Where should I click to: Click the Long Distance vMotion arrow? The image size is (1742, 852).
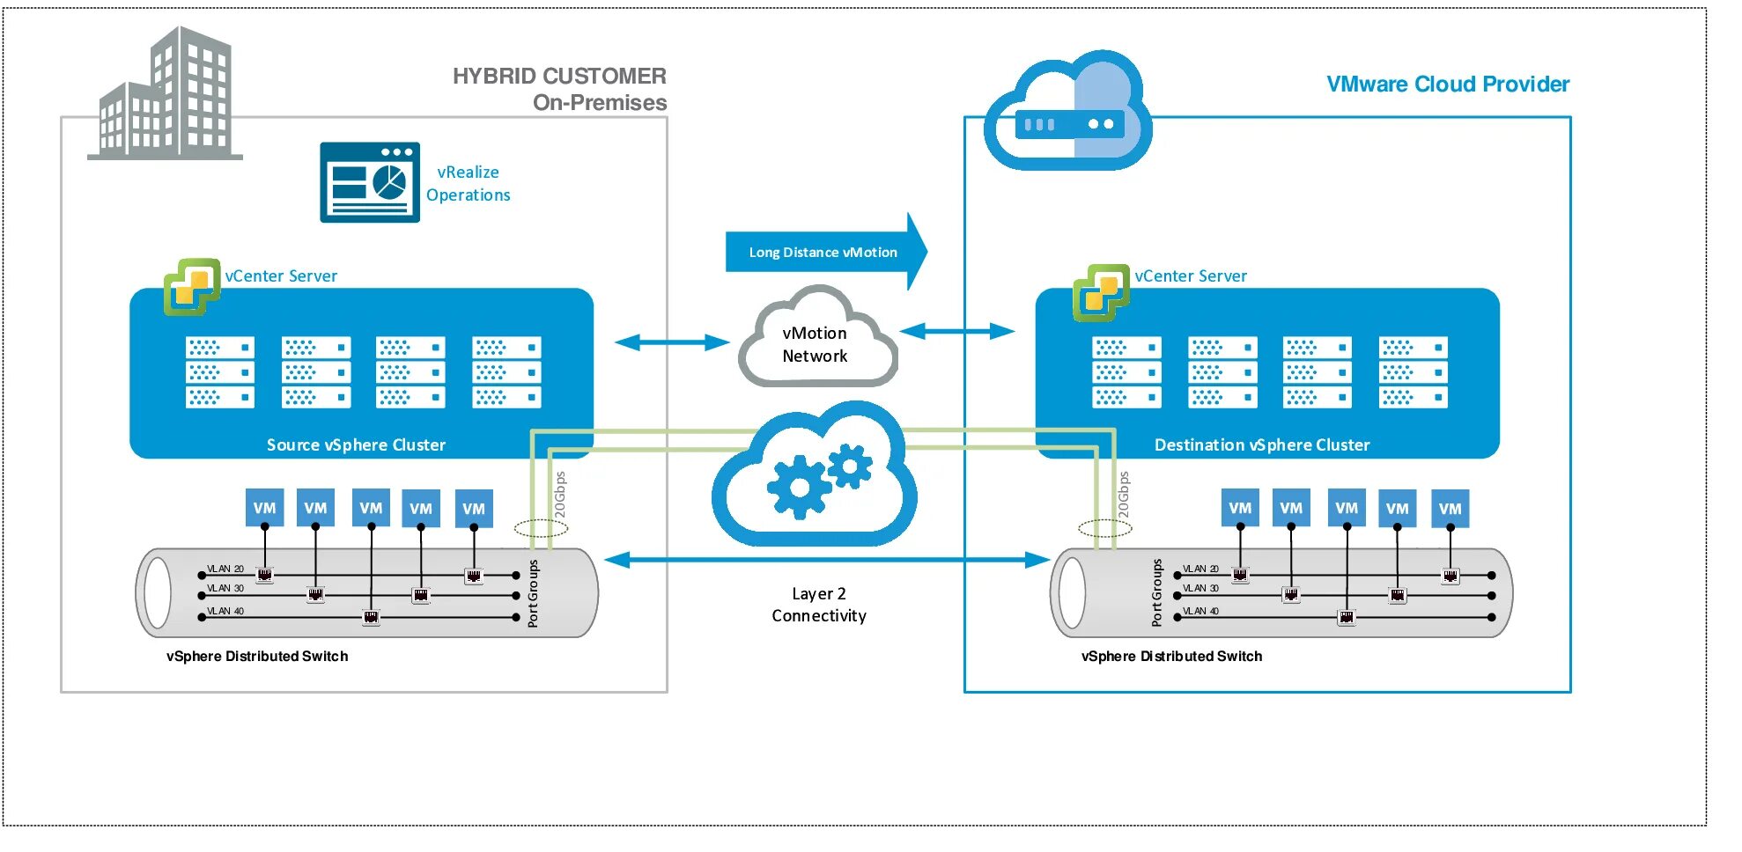point(823,252)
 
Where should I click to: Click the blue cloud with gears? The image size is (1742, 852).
point(814,480)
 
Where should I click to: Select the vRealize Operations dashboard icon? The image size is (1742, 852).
point(370,182)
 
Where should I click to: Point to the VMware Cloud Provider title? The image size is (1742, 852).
point(1447,84)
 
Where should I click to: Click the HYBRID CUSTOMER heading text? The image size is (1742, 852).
point(559,77)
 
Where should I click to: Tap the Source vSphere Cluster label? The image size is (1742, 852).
point(356,445)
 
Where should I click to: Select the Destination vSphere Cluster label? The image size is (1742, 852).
point(1261,445)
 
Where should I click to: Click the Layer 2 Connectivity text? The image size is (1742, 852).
point(819,605)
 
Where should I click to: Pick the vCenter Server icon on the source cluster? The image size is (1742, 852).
point(192,286)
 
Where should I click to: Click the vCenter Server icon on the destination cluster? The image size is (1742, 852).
point(1101,292)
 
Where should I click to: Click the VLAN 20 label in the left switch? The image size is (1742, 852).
point(225,569)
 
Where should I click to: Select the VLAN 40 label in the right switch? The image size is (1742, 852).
point(1200,611)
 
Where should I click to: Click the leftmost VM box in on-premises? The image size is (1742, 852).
point(264,508)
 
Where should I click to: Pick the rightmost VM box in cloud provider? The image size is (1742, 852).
point(1450,509)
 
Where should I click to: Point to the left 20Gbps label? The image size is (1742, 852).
point(560,496)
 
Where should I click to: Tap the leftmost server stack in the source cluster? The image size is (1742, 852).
point(219,372)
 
